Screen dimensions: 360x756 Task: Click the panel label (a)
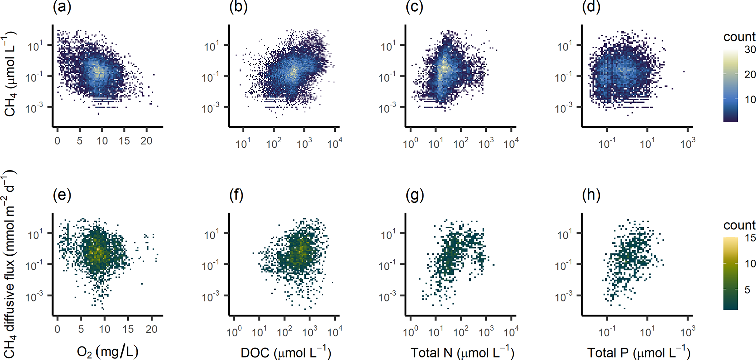point(62,7)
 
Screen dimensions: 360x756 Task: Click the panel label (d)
point(591,7)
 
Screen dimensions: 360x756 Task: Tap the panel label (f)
point(236,195)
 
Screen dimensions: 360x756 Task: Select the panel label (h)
point(591,195)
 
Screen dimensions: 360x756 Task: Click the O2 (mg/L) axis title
point(108,352)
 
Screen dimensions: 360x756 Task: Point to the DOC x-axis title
point(286,352)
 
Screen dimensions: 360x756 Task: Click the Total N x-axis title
point(462,352)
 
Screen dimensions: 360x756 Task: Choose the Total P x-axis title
point(639,352)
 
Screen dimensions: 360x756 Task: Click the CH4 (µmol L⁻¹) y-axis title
point(10,74)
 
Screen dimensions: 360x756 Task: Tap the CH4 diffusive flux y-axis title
point(10,263)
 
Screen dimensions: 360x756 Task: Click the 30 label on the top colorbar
point(750,49)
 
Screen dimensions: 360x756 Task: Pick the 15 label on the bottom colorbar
point(750,238)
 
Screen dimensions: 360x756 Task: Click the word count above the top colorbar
point(739,37)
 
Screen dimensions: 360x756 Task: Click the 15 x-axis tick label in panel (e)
point(128,329)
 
